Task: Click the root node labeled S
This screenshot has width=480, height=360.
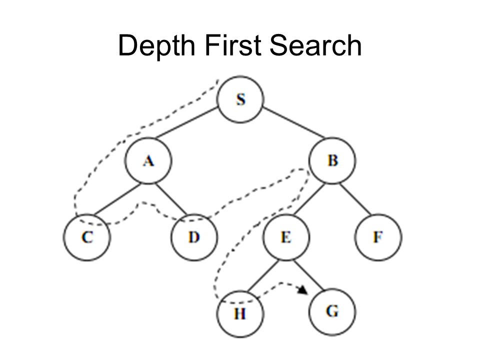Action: point(240,99)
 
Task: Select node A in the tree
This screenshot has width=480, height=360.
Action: point(147,161)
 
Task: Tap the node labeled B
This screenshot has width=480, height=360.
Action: point(332,161)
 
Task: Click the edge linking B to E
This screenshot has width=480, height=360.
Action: point(308,199)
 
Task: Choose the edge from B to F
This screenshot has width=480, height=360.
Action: point(355,199)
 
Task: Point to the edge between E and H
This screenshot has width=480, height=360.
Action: point(262,274)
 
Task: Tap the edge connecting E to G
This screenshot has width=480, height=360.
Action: point(308,274)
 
